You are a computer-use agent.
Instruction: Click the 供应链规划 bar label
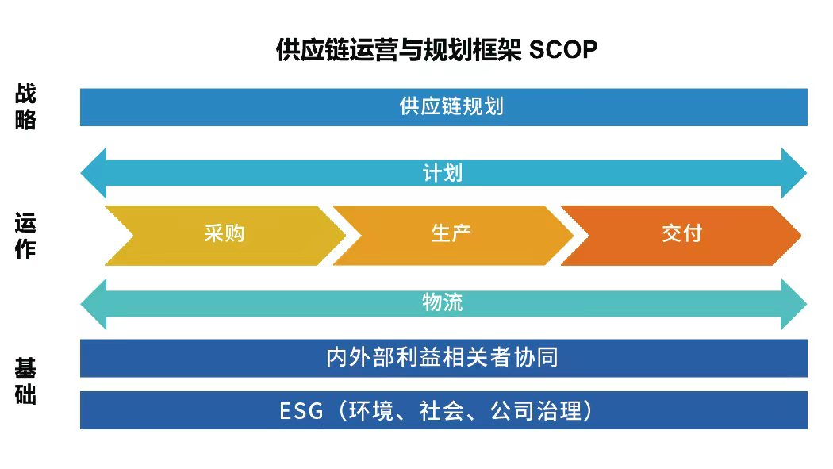(451, 107)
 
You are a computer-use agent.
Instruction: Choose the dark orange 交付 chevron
(681, 234)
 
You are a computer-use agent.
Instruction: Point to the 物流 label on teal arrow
(443, 302)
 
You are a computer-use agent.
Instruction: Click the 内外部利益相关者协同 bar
(443, 358)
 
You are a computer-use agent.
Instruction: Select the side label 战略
(25, 107)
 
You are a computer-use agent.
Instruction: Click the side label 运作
(25, 236)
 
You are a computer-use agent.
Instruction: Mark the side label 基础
(25, 382)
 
